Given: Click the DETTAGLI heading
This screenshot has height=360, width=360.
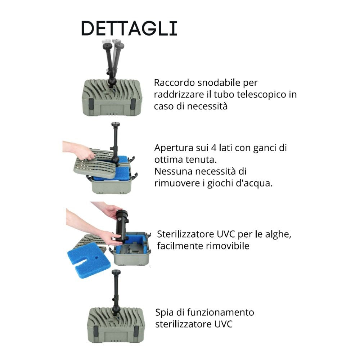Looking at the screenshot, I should pos(129,28).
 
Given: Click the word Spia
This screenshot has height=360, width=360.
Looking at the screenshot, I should pos(164,312).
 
